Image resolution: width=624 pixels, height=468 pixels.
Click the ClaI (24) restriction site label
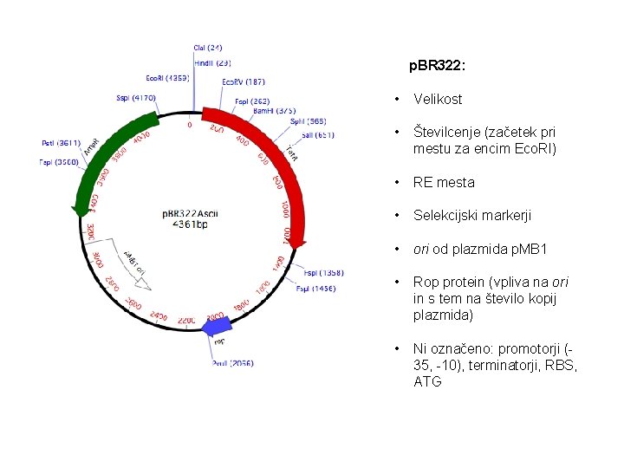pyautogui.click(x=207, y=47)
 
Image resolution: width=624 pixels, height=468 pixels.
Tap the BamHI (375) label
pyautogui.click(x=275, y=110)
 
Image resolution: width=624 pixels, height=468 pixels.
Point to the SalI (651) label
pyautogui.click(x=318, y=135)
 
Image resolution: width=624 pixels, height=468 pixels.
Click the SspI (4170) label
pyautogui.click(x=136, y=98)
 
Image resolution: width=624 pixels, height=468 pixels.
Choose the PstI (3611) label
pyautogui.click(x=61, y=143)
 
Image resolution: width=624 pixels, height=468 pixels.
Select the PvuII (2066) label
pyautogui.click(x=232, y=364)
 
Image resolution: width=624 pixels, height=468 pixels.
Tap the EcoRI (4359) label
pyautogui.click(x=167, y=78)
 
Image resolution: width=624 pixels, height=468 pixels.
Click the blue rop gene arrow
pyautogui.click(x=217, y=325)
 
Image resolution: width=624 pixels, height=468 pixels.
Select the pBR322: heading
pyautogui.click(x=438, y=65)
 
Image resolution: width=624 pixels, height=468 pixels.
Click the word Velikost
pyautogui.click(x=438, y=100)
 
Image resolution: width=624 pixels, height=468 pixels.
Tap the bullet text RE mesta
pyautogui.click(x=444, y=183)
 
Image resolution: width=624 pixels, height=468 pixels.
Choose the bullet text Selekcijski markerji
pyautogui.click(x=472, y=215)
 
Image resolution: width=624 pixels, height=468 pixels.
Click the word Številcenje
pyautogui.click(x=448, y=133)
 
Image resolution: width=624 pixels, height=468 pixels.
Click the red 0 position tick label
pyautogui.click(x=190, y=125)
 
